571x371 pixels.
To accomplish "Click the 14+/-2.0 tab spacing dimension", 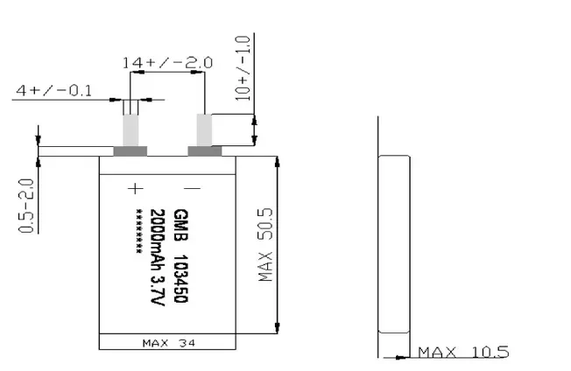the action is click(167, 62).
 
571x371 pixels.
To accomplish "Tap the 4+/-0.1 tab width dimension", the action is click(54, 90).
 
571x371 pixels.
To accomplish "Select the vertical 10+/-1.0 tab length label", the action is click(243, 68).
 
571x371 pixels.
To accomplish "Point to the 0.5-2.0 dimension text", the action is click(26, 205).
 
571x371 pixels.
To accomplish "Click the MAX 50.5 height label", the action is click(265, 244).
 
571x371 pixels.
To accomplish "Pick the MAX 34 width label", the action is click(169, 343).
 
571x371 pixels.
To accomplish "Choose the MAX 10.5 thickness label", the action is click(463, 353).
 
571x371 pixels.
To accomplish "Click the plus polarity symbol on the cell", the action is click(136, 189).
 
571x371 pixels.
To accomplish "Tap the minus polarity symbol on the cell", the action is click(193, 188).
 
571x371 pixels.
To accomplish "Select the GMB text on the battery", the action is click(181, 225).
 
